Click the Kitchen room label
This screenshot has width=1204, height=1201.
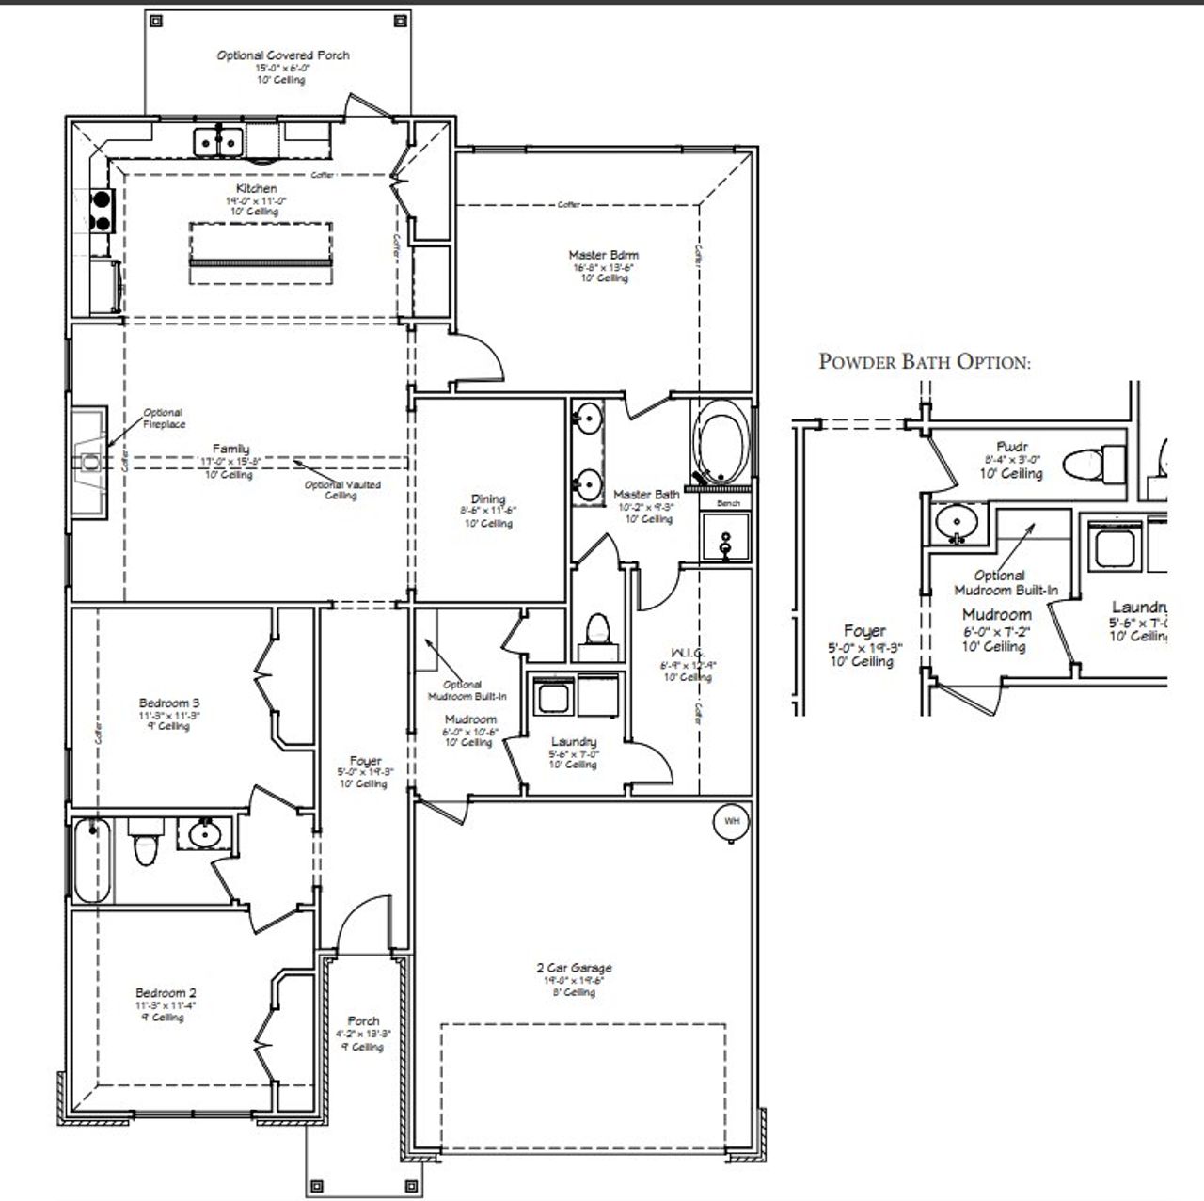(x=256, y=189)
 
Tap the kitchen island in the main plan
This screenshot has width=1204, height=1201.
(x=261, y=245)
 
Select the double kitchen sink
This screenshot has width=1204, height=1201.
(x=219, y=142)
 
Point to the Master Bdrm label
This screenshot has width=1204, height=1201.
(x=603, y=255)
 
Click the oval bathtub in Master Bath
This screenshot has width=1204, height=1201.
(x=721, y=443)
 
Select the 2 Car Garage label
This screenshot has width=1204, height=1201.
(x=574, y=968)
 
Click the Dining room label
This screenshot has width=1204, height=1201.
(x=488, y=499)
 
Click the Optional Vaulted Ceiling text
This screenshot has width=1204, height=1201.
(x=342, y=490)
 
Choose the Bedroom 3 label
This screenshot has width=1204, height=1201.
(x=169, y=703)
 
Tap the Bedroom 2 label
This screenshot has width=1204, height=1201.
(x=166, y=993)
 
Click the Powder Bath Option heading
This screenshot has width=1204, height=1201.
(x=924, y=361)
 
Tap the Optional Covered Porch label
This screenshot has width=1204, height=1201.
(x=282, y=55)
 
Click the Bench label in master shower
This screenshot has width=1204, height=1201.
(x=728, y=503)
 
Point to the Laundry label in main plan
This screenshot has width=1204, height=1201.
(x=574, y=742)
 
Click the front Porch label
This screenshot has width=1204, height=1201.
(x=363, y=1020)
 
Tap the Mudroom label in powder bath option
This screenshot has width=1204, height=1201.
(x=996, y=615)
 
